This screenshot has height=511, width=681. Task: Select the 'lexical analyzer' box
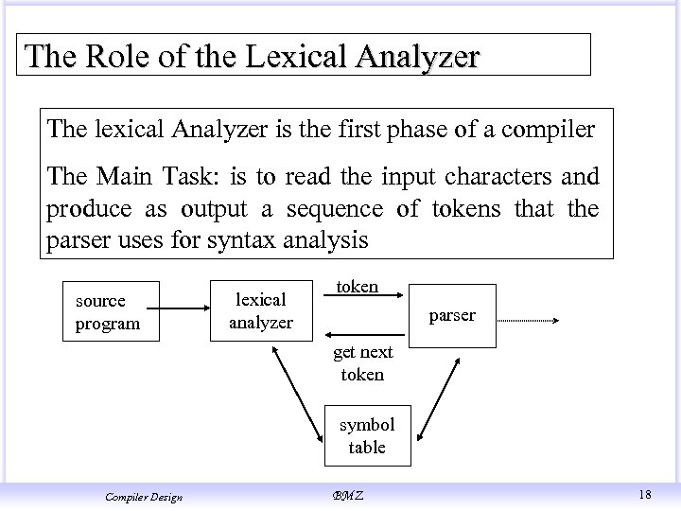coord(260,311)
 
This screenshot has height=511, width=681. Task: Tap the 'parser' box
coord(451,316)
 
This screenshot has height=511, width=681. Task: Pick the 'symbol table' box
coord(366,436)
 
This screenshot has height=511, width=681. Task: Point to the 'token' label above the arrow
coord(358,286)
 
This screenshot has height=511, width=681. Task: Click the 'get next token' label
coord(361,363)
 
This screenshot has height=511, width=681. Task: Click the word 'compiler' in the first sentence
coord(549,130)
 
